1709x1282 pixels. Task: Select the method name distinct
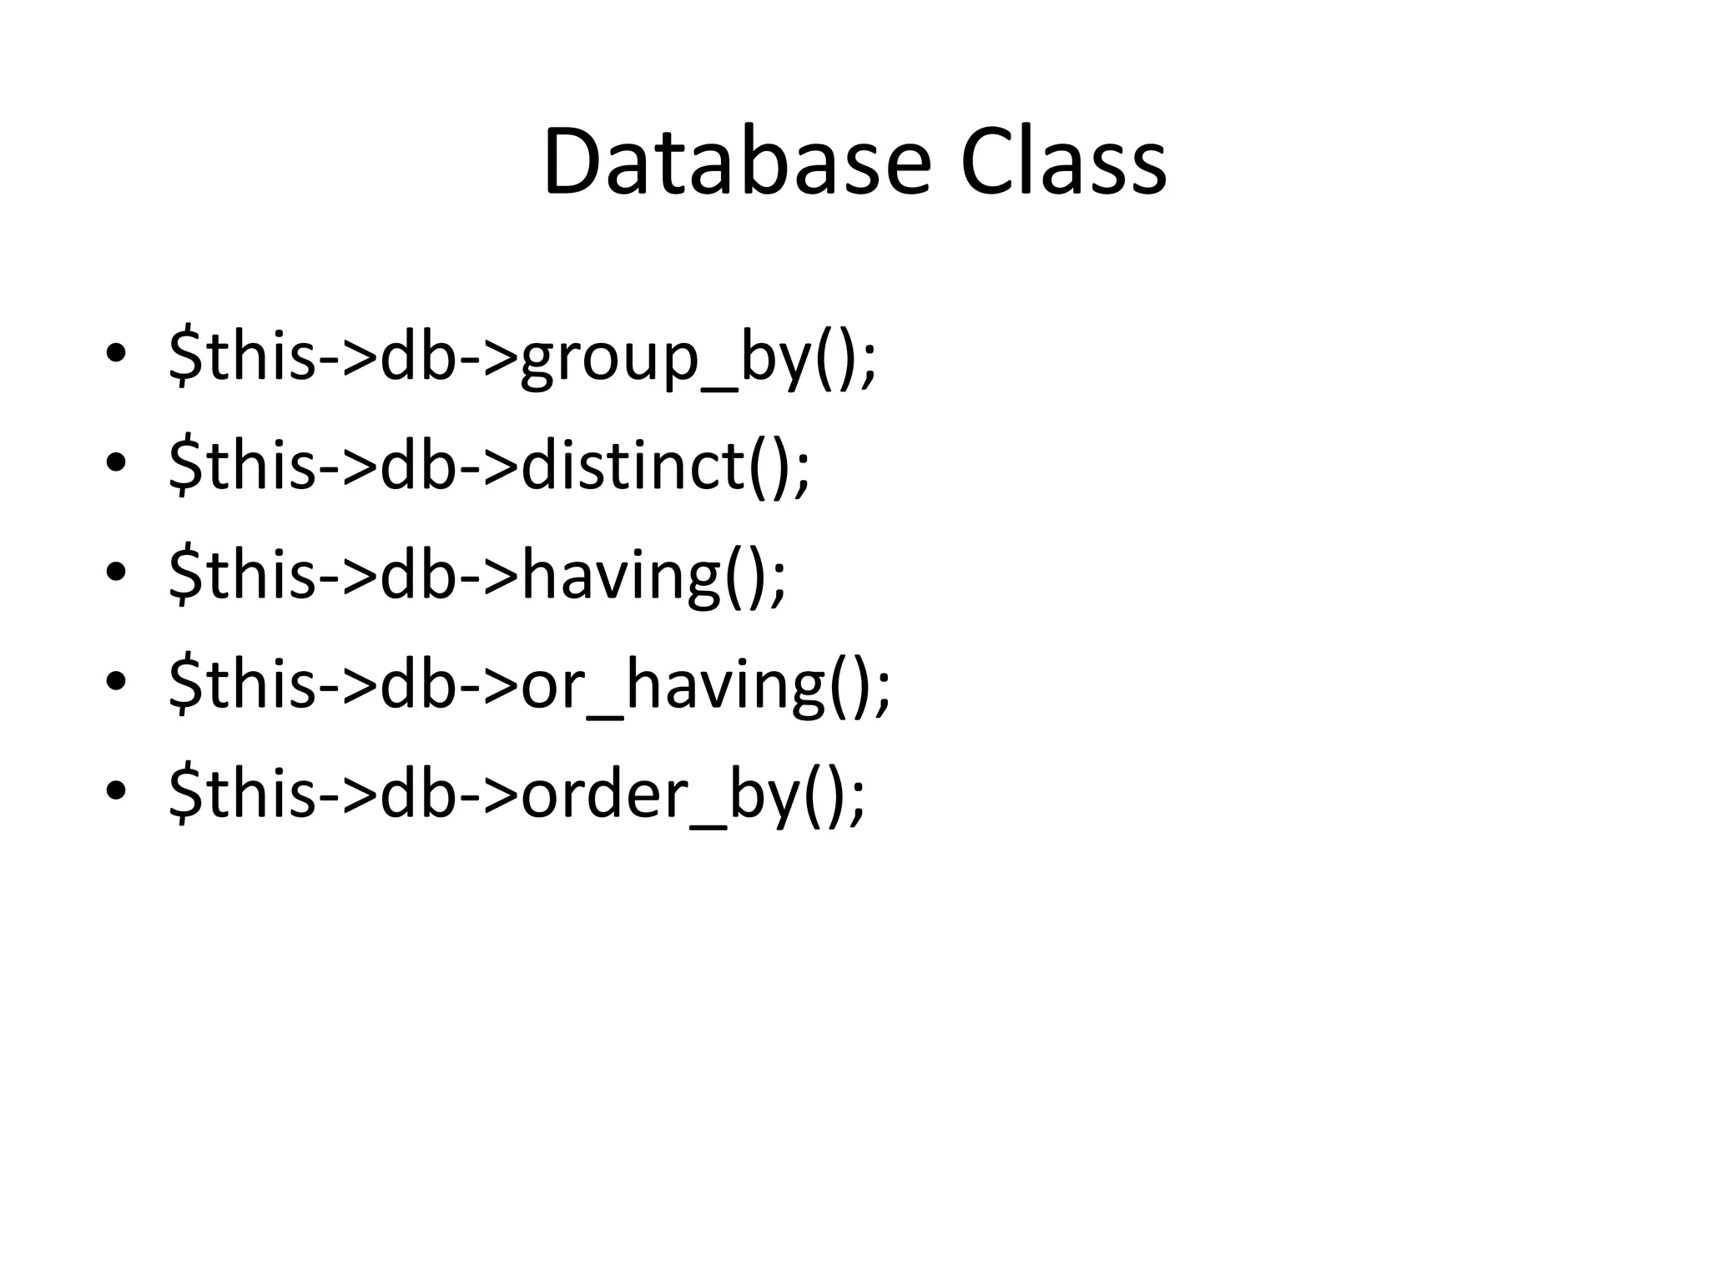633,464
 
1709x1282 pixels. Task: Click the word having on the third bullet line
621,574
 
